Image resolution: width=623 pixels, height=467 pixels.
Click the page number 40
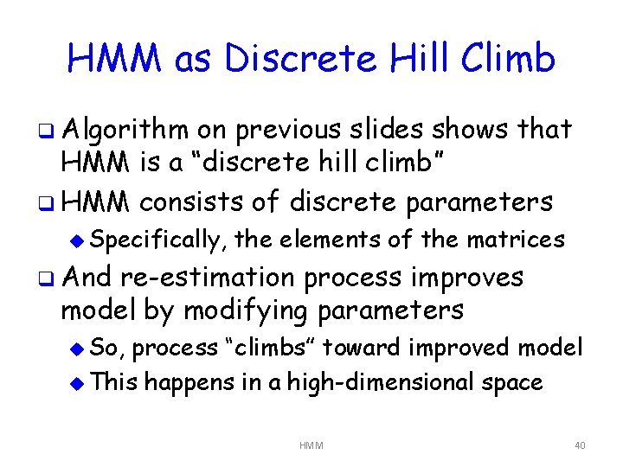pos(579,445)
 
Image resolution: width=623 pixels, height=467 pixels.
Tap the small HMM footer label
pos(311,445)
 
